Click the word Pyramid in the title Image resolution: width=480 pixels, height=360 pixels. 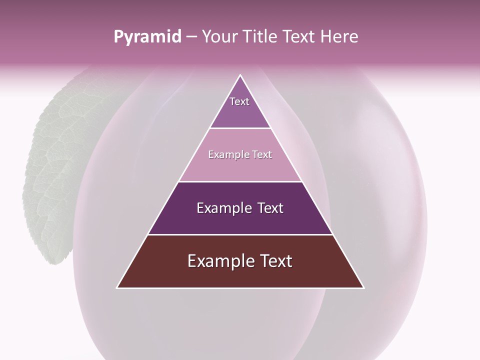coord(147,37)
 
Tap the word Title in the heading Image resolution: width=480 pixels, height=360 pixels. coord(261,37)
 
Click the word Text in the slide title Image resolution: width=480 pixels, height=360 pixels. coord(298,37)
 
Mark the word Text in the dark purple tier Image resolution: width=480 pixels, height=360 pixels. coord(270,208)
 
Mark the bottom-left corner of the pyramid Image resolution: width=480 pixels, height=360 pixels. coord(117,287)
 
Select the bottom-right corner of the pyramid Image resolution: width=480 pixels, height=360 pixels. coord(363,287)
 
